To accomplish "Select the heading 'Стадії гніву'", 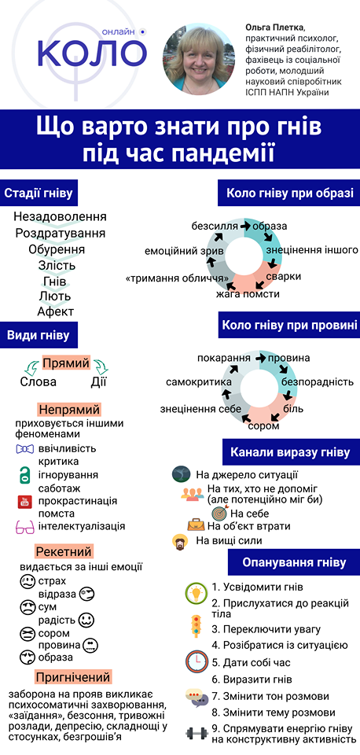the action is (x=39, y=193).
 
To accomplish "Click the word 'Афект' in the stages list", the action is (x=56, y=311).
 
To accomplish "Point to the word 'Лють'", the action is (x=55, y=296).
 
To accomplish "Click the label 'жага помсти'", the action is (x=248, y=293).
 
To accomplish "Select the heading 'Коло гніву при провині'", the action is (x=289, y=325).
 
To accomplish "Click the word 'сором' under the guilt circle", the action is (x=264, y=426).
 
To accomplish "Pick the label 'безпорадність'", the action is (x=318, y=382).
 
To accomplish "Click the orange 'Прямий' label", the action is (x=66, y=363).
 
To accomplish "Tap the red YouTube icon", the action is (x=24, y=502).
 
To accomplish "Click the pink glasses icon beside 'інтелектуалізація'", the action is (x=24, y=526).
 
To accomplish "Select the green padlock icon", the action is (x=24, y=475).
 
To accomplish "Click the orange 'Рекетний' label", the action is (x=63, y=551).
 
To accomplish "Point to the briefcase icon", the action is (x=196, y=525).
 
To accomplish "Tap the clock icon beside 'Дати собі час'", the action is (x=197, y=661).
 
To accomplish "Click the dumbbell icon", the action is (x=197, y=734).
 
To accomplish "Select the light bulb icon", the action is (x=196, y=593).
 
